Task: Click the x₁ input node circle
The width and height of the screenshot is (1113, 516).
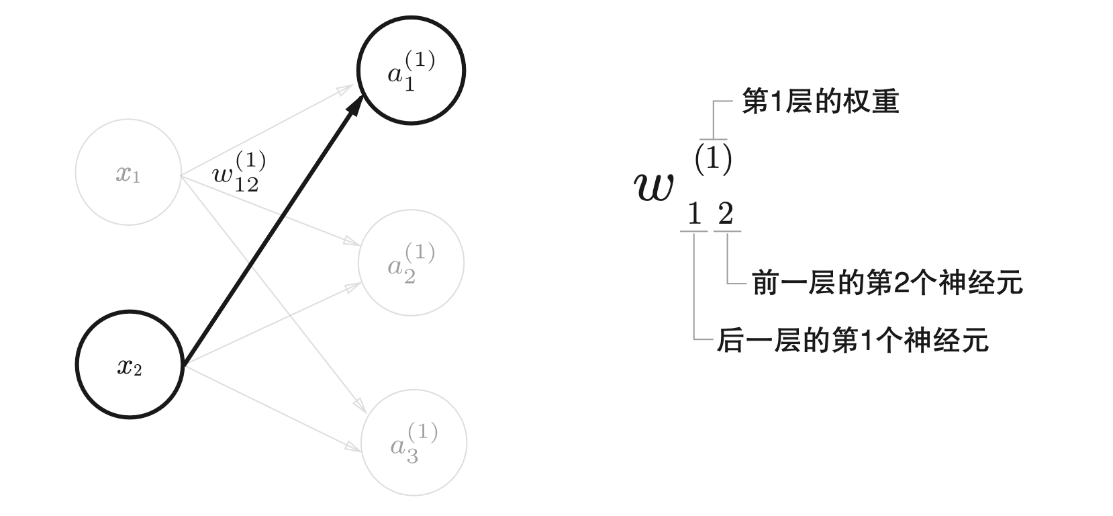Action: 128,173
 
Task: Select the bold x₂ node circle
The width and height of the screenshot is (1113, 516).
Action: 130,364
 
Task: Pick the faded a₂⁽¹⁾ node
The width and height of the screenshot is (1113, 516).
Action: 412,263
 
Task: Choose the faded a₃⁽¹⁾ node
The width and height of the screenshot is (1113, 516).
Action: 414,443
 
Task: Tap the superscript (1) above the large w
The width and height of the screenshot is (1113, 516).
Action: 713,159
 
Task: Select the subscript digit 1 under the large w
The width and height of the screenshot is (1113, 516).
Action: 694,215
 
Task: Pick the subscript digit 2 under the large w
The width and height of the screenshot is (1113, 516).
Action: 726,215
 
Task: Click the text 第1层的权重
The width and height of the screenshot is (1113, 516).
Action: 820,102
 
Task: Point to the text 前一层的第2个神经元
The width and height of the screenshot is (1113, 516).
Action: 887,283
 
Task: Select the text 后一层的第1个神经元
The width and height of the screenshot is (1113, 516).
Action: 853,340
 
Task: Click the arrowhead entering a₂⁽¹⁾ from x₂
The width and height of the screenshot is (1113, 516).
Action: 354,286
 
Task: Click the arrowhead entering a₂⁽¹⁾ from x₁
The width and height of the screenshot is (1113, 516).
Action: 354,241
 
